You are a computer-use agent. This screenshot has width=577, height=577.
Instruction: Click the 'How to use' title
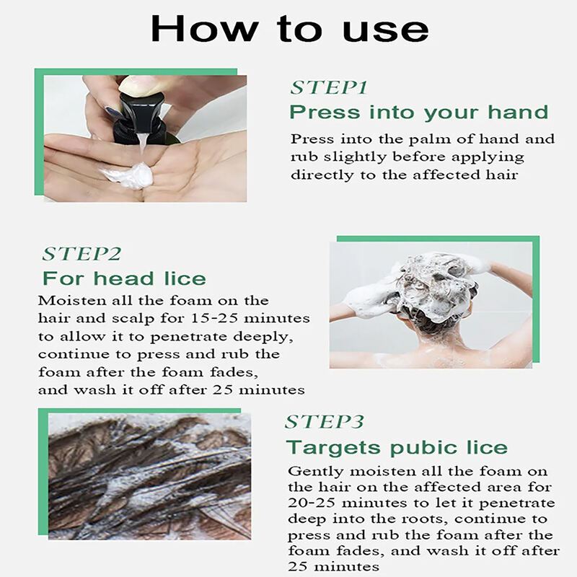[x=290, y=29]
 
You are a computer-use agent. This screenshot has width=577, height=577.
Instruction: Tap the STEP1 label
[x=329, y=87]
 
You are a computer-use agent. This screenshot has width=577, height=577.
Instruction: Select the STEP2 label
[x=82, y=254]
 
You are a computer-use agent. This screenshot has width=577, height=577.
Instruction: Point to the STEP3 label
[x=324, y=422]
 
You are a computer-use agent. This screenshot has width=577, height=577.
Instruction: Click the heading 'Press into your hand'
[x=419, y=112]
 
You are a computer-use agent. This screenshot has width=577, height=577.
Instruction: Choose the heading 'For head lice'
[x=124, y=278]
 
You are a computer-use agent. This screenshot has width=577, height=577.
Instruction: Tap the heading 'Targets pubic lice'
[x=397, y=448]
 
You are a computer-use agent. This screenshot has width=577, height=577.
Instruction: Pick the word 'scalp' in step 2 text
[x=133, y=319]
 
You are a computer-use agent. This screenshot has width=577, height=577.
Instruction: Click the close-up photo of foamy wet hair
[x=150, y=477]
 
